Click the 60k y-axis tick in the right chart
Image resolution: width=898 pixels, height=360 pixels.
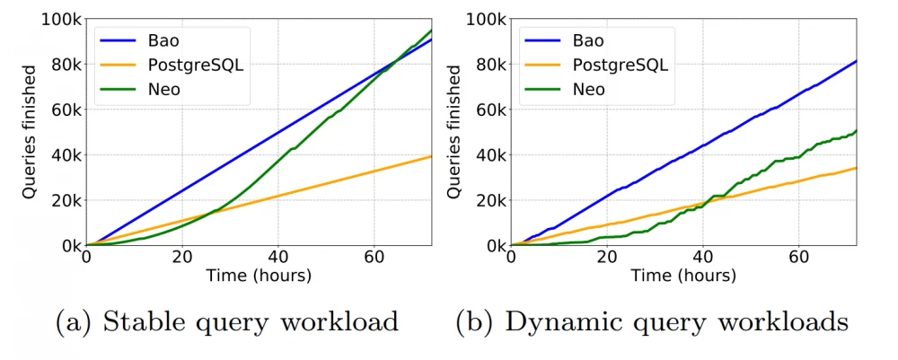(x=489, y=110)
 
